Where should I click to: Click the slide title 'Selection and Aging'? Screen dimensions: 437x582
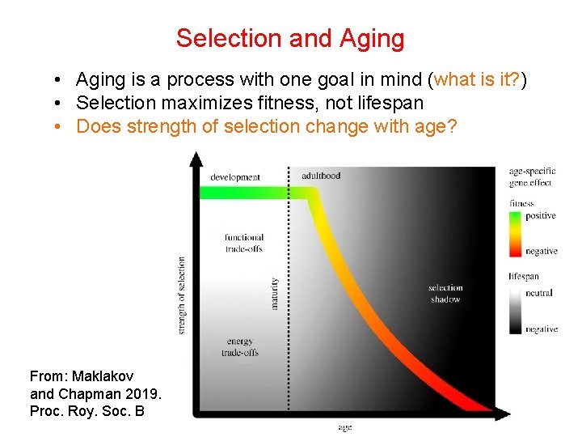coord(290,38)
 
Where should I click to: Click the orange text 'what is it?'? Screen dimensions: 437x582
coord(479,79)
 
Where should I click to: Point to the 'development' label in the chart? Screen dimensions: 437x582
coord(235,177)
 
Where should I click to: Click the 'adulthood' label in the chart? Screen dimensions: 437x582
coord(321,176)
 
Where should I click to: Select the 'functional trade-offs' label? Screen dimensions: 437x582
coord(244,243)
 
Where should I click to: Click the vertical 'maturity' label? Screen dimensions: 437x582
coord(275,294)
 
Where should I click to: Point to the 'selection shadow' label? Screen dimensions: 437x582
coord(445,293)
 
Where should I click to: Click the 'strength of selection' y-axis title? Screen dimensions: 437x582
coord(182,295)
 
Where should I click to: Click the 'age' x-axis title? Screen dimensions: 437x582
coord(345,426)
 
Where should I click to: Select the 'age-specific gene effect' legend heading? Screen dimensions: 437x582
coord(532,176)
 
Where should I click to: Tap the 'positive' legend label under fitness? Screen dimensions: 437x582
coord(540,216)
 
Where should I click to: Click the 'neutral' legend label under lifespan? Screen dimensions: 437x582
coord(538,293)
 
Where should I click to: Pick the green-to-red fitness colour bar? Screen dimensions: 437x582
coord(515,233)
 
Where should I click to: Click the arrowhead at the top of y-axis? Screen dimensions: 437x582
coord(195,159)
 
